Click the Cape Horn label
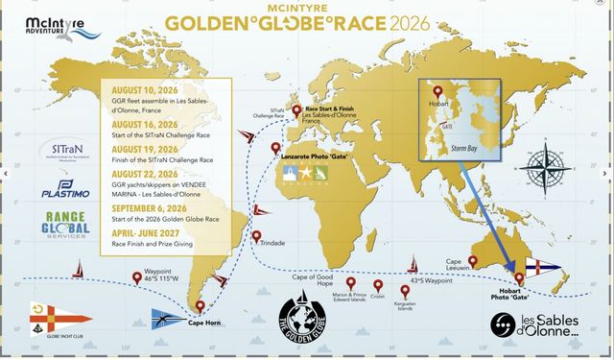(x=206, y=323)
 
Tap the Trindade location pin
(x=256, y=236)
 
